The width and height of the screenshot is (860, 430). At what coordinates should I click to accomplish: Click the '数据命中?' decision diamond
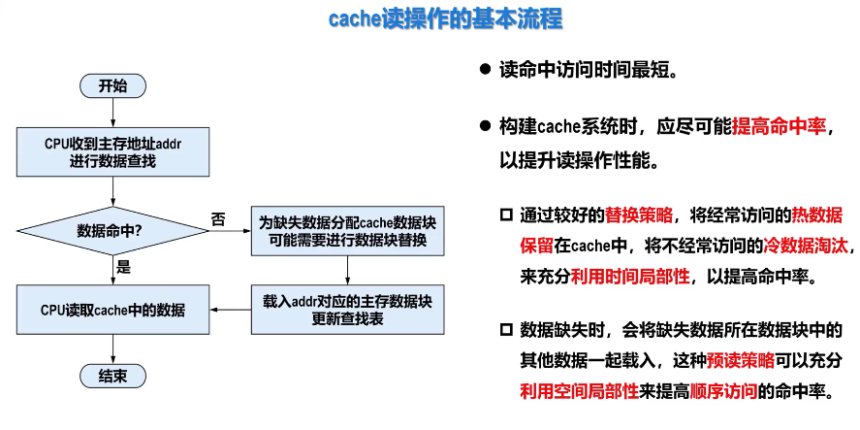(112, 231)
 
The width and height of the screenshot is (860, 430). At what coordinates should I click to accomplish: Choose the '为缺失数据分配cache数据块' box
(347, 231)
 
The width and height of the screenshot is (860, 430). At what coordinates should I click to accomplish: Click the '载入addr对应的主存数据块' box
(347, 309)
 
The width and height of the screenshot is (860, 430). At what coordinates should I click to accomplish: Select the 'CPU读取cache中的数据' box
(112, 310)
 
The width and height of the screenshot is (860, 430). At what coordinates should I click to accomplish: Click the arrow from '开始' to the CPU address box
(112, 113)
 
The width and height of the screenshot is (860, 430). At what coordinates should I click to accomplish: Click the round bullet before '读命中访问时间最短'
(485, 71)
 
